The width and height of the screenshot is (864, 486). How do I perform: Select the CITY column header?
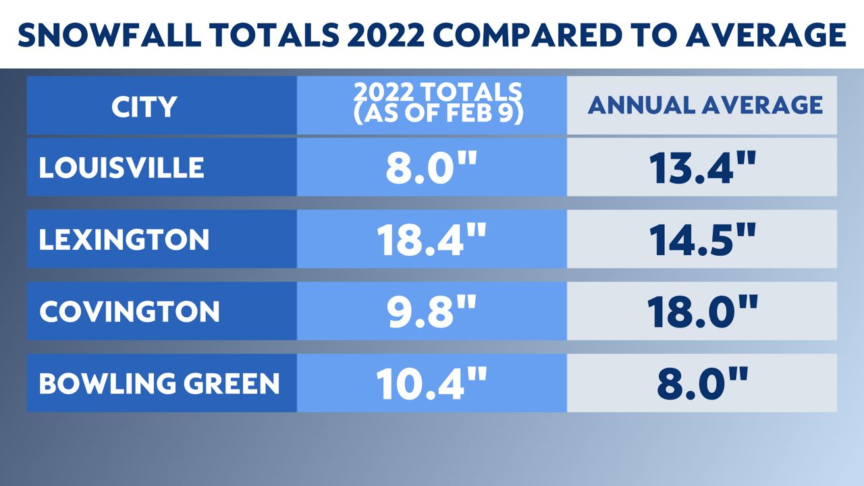pos(144,107)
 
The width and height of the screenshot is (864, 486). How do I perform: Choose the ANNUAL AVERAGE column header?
pos(705,105)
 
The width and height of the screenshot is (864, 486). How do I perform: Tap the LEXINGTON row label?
pos(124,240)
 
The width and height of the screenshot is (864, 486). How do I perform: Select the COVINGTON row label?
pos(130,312)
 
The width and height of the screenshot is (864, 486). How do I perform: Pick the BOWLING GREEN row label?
pos(159,384)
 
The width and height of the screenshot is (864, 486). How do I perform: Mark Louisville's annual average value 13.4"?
pos(701,168)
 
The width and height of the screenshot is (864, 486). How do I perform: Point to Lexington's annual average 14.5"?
pos(701,240)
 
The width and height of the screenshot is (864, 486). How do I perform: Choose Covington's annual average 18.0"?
pos(701,312)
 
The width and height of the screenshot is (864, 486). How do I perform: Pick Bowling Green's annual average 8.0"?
pos(701,384)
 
